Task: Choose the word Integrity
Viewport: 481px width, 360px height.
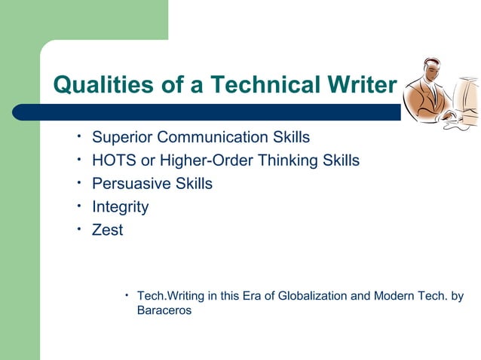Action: point(120,206)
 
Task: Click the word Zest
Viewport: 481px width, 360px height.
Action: point(107,230)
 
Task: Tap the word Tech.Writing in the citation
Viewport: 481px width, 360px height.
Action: point(170,296)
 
